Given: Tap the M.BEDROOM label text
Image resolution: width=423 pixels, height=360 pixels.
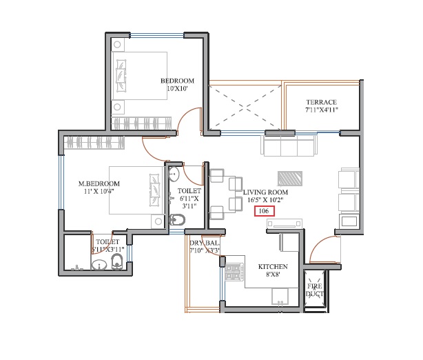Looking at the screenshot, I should [99, 183].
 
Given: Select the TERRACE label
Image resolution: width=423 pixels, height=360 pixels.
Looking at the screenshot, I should [321, 101].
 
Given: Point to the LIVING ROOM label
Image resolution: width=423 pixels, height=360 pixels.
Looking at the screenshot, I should [265, 192].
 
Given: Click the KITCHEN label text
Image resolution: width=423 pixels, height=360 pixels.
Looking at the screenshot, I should [273, 266].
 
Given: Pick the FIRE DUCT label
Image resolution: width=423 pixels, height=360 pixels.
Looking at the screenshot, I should [315, 289].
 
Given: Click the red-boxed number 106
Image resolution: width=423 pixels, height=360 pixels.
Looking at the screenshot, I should [264, 211].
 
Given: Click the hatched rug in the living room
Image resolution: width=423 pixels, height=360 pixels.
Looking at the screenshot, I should [290, 177].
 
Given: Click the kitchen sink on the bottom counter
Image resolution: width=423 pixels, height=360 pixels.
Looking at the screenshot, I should [280, 297].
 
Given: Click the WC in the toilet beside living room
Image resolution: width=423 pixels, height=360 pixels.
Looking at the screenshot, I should [176, 220].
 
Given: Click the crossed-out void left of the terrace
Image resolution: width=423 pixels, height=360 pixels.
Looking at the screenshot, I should [244, 106].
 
